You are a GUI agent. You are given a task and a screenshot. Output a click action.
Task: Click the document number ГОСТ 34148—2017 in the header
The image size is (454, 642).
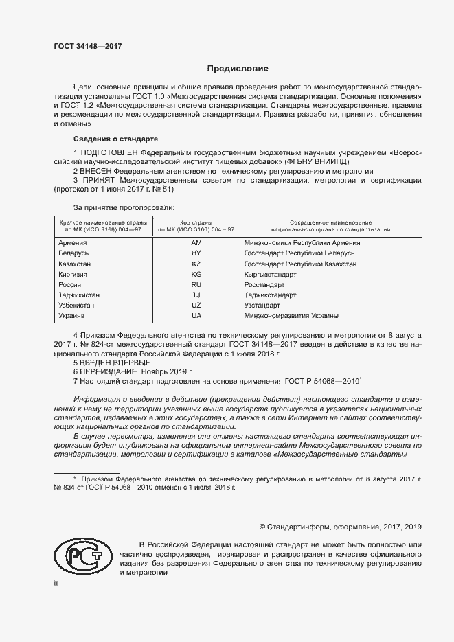click(88, 46)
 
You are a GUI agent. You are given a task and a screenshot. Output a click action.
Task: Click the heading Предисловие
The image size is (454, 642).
click(237, 69)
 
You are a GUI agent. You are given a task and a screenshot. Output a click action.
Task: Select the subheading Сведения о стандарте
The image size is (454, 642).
click(105, 139)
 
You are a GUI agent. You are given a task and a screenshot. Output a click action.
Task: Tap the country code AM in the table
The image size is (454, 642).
click(196, 243)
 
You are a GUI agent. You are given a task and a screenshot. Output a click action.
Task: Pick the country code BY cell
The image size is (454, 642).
click(196, 253)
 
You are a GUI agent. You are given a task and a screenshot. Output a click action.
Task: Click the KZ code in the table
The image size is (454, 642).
click(196, 264)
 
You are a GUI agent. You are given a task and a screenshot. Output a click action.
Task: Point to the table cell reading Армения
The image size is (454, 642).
click(73, 243)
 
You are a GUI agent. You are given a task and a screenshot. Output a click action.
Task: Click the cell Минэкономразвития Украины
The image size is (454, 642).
click(291, 315)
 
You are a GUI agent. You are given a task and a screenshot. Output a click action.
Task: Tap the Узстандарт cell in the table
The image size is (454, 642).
click(262, 305)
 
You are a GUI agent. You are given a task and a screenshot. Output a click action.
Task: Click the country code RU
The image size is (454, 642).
click(196, 284)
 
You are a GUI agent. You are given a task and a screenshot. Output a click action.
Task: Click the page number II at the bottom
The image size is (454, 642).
click(56, 583)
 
